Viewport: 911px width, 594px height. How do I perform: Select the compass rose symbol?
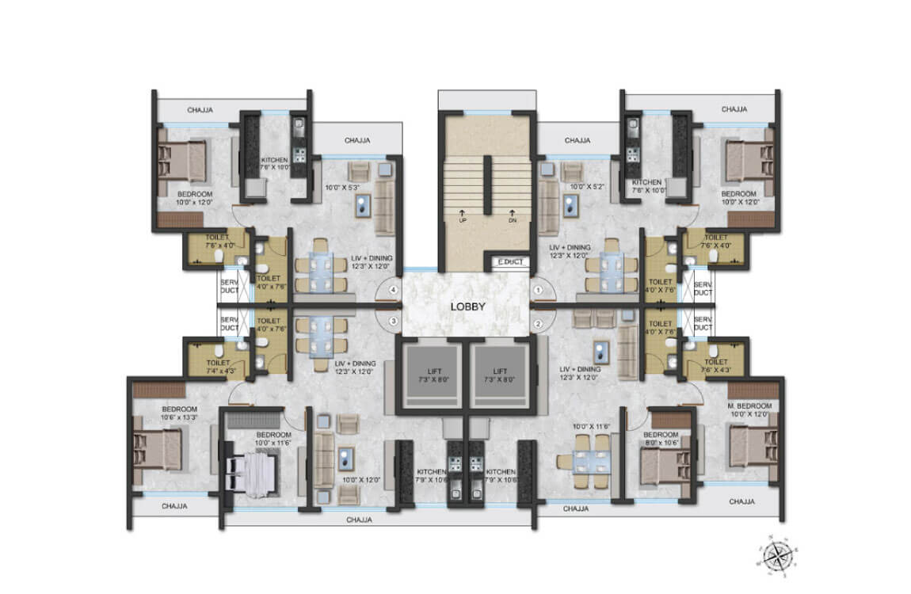point(777,554)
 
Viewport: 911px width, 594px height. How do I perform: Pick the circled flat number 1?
point(539,291)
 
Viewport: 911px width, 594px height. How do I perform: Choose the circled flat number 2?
point(539,322)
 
